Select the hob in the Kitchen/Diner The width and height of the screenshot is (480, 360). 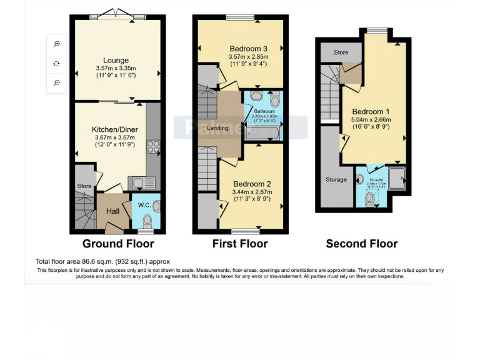(152, 146)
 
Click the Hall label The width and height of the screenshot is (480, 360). (112, 212)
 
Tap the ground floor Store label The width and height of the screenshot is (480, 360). (84, 186)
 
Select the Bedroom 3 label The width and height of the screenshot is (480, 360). (249, 49)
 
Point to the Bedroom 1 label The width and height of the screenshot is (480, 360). (371, 112)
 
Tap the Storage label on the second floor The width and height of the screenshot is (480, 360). (336, 180)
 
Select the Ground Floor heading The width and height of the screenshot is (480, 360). (118, 243)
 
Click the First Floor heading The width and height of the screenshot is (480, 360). (240, 243)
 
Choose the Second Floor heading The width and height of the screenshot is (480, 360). (361, 243)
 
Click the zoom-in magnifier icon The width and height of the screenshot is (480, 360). (57, 44)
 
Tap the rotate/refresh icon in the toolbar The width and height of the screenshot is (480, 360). (57, 63)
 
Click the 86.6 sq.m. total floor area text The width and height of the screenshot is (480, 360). (102, 261)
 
